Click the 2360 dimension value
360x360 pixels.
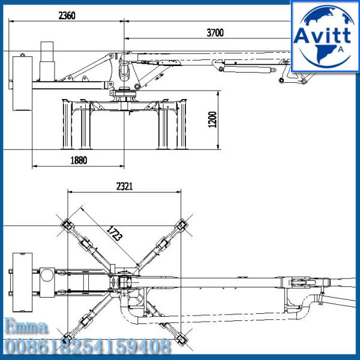(67, 16)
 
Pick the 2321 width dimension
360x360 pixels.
(124, 187)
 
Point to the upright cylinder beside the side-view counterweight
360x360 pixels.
(47, 60)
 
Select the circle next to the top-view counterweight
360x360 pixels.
(47, 275)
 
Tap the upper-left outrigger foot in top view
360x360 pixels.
(65, 227)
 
